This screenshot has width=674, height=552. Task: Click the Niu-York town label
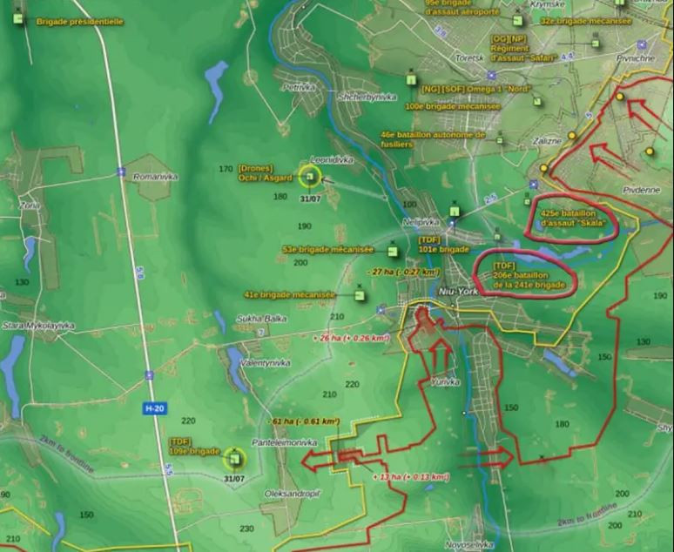(x=460, y=292)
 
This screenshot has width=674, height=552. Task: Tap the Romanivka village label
(x=155, y=176)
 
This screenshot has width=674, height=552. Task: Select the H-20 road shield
(x=153, y=407)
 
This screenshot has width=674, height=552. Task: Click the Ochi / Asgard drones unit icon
(x=310, y=177)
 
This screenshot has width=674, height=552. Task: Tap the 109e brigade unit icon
(x=233, y=457)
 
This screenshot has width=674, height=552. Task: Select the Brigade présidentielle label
(x=79, y=21)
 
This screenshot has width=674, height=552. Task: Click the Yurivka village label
(x=444, y=382)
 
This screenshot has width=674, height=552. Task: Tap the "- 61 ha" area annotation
(x=305, y=421)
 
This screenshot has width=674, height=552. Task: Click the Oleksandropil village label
(x=292, y=493)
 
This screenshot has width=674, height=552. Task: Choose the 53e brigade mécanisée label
(x=327, y=250)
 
